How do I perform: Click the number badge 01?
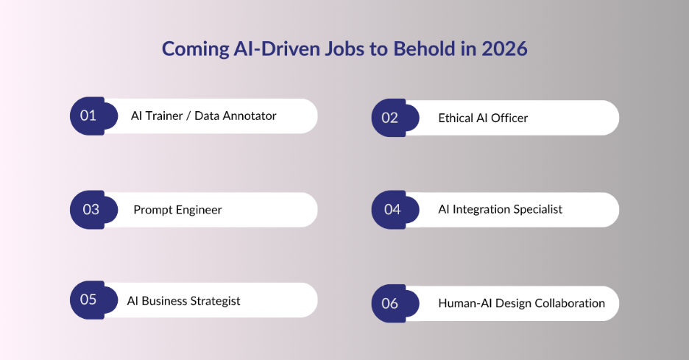89,116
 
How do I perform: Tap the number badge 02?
390,118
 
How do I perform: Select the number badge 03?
91,210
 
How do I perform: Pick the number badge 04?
392,210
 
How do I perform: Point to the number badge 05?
88,300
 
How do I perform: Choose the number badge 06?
390,303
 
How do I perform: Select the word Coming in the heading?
189,49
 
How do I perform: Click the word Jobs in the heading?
347,49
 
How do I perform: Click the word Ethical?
458,118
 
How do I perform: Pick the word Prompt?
152,210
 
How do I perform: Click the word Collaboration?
570,303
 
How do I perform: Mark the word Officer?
510,118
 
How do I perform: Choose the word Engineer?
198,210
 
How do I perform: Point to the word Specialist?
539,209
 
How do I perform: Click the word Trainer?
163,116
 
